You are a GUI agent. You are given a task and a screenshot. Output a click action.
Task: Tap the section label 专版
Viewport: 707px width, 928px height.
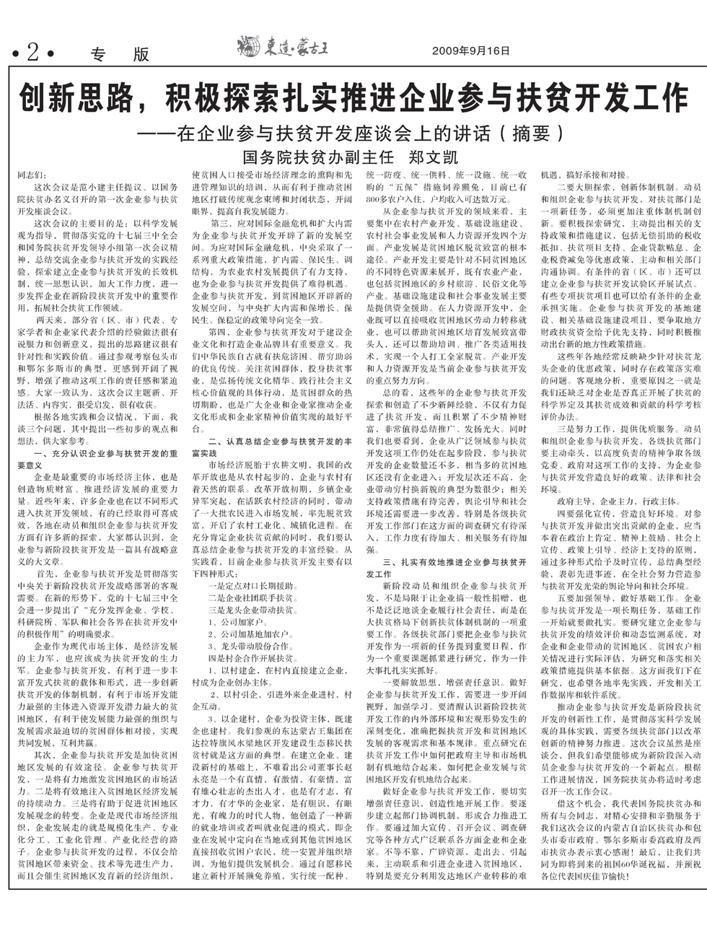click(x=120, y=54)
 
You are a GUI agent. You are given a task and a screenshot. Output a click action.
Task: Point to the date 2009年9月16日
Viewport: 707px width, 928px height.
click(x=470, y=51)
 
